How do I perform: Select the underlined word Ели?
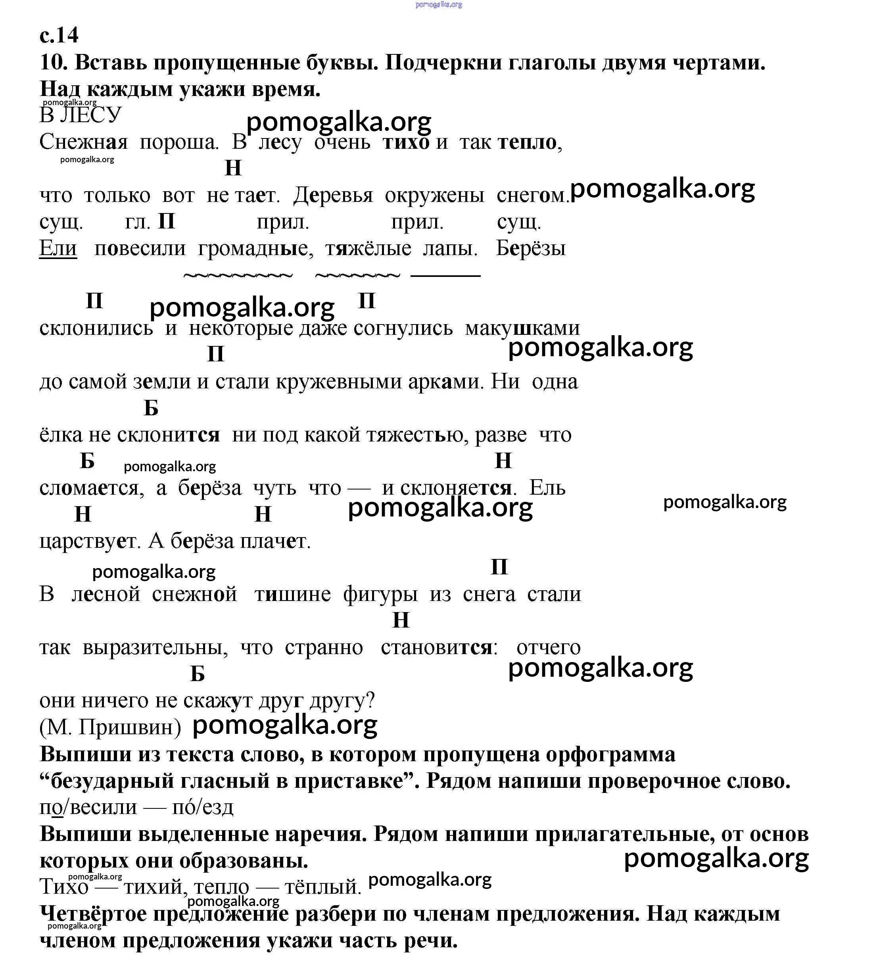pyautogui.click(x=58, y=248)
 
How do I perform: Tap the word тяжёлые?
pyautogui.click(x=368, y=249)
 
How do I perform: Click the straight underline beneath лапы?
pyautogui.click(x=445, y=276)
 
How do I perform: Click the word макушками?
pyautogui.click(x=522, y=328)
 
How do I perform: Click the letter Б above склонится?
pyautogui.click(x=151, y=408)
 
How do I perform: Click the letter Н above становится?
pyautogui.click(x=401, y=620)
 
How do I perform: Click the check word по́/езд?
pyautogui.click(x=202, y=806)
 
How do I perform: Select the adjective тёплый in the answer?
pyautogui.click(x=322, y=887)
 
